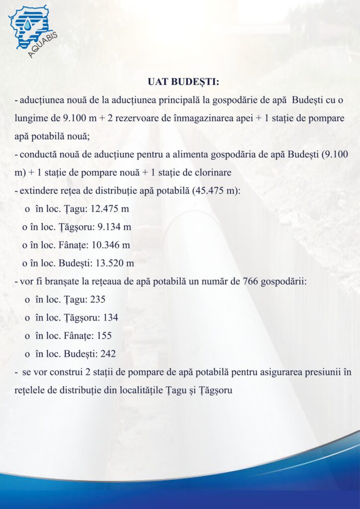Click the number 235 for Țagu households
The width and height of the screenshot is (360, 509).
pyautogui.click(x=97, y=299)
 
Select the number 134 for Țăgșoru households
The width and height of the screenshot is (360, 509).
pyautogui.click(x=109, y=317)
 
